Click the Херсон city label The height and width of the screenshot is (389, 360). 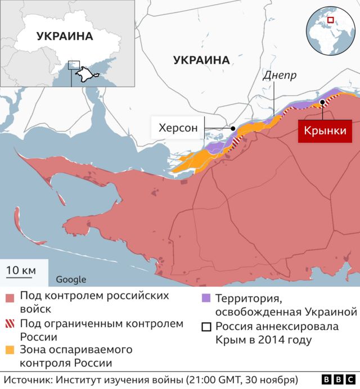coord(178,128)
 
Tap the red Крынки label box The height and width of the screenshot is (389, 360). coord(324,132)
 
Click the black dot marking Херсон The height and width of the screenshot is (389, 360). coord(233,128)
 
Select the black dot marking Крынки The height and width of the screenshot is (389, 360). coord(322,102)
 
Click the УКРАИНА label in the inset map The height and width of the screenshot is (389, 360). coord(65,37)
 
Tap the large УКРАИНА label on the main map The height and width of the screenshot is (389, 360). coord(201,60)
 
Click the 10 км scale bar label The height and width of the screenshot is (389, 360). coord(21,270)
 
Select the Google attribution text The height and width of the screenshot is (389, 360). coord(71,279)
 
